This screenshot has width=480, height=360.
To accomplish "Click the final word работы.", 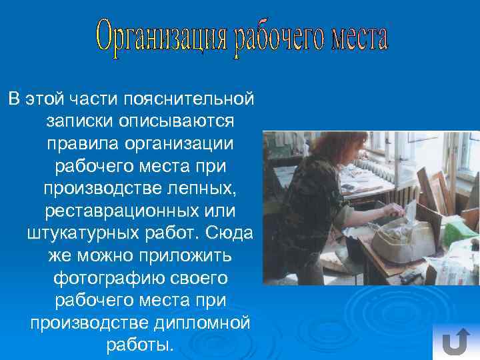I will coord(139,347).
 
